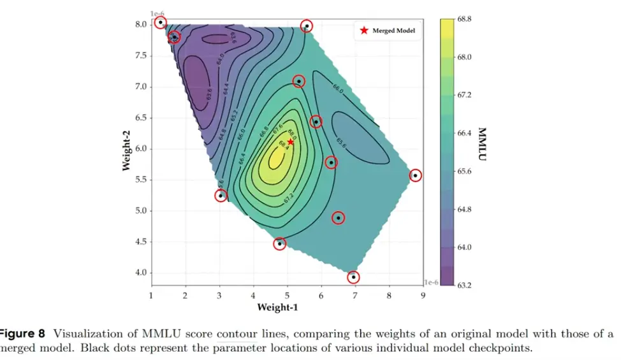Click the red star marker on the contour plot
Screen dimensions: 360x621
tap(291, 142)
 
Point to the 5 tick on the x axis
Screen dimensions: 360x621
tap(287, 295)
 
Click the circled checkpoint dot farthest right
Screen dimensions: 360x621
tap(415, 175)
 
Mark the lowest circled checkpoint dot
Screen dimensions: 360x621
tap(353, 277)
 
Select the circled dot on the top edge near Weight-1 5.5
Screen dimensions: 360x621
tap(307, 26)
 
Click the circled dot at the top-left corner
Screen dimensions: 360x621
tap(160, 23)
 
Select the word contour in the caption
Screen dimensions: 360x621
tap(234, 333)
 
